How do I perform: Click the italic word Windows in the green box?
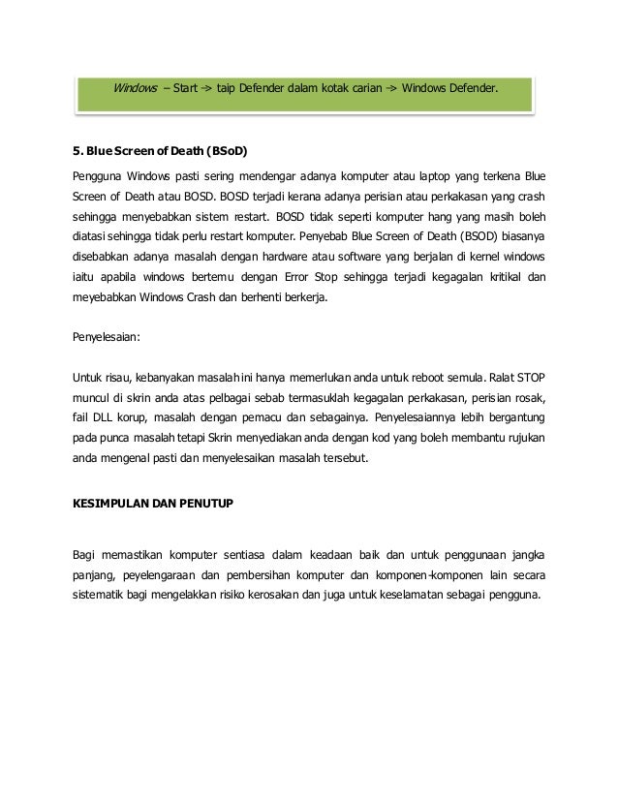tap(135, 89)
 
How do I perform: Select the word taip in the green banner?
tap(229, 89)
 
